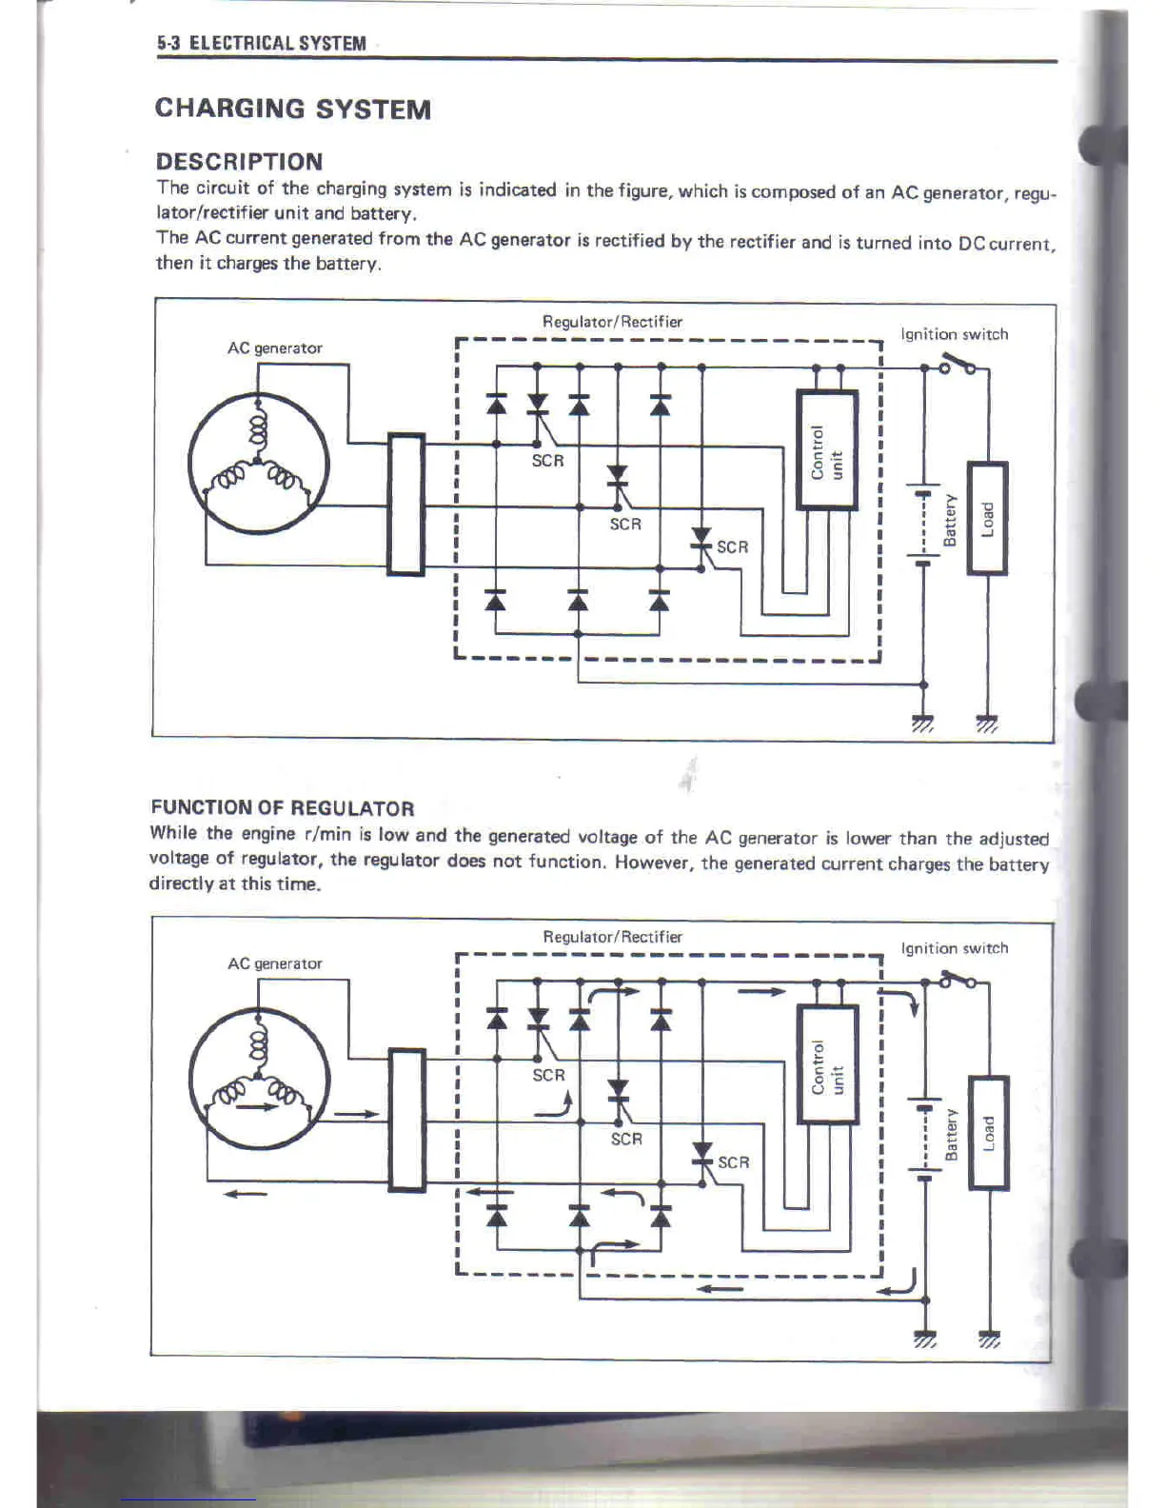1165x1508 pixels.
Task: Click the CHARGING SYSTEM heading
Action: pos(292,109)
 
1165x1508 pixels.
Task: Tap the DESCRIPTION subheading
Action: pos(239,161)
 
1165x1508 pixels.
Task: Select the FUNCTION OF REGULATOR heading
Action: pos(282,808)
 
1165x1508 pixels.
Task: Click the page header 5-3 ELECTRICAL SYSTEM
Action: pos(262,43)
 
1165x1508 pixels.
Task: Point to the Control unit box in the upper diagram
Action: pos(826,449)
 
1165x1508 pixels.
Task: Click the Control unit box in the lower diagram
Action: pos(826,1065)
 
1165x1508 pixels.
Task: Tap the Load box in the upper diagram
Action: pos(987,518)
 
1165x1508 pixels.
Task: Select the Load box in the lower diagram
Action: pos(988,1133)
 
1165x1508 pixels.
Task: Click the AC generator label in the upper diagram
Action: pos(274,348)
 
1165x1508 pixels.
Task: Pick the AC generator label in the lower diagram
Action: pos(274,963)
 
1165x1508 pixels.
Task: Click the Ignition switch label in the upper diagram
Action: pos(954,334)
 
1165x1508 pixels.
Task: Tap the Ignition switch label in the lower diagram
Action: pos(954,948)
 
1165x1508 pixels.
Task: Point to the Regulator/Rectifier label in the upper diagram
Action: pos(612,322)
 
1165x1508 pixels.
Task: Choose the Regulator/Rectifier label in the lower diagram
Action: pos(612,937)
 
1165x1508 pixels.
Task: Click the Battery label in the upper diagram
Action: pos(949,520)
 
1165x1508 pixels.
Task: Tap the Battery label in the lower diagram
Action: pos(950,1135)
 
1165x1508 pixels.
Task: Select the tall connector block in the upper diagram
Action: pos(406,504)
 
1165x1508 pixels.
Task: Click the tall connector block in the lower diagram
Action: pos(407,1120)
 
